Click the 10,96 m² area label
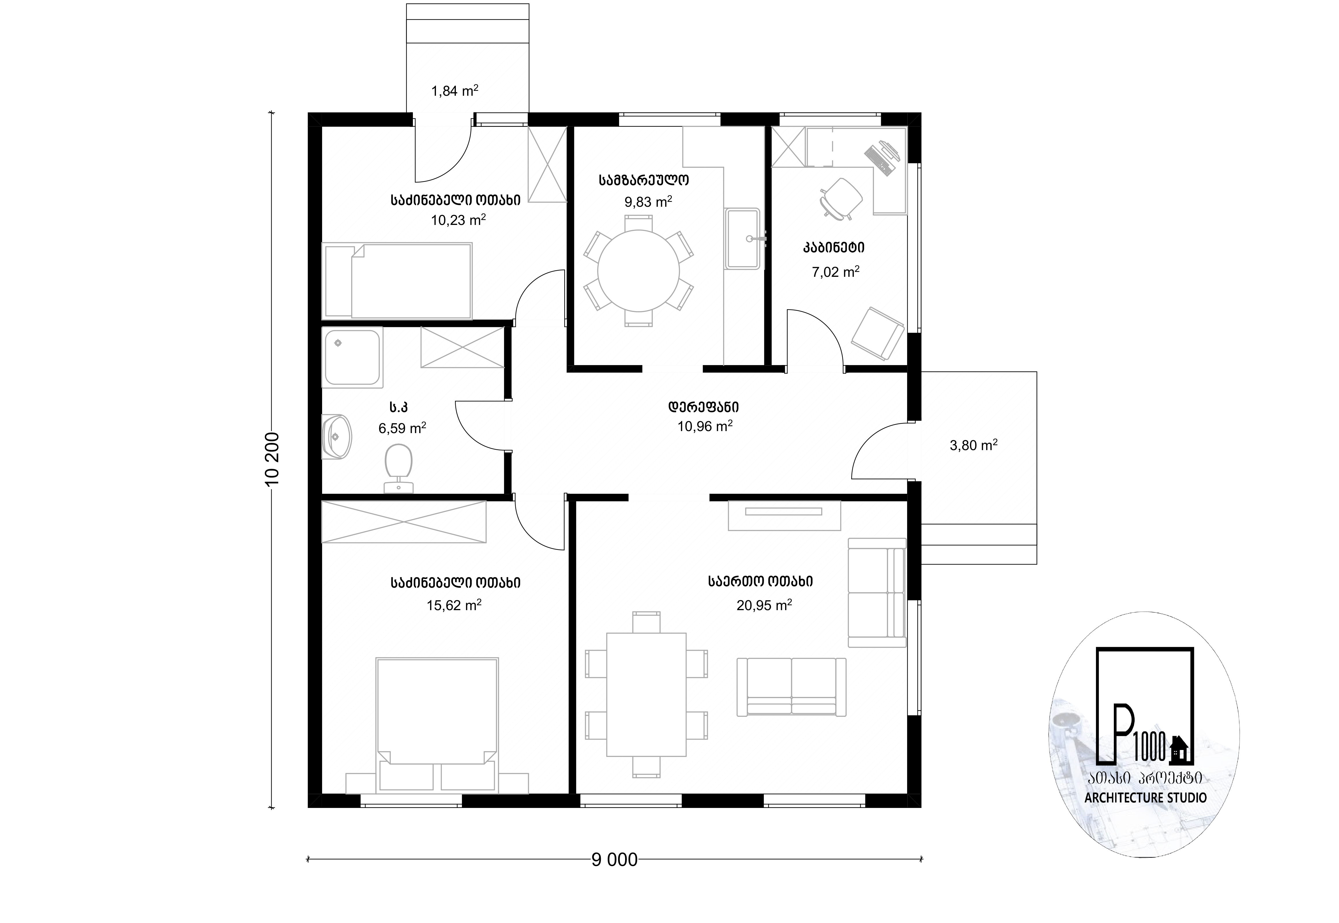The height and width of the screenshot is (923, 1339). tap(705, 427)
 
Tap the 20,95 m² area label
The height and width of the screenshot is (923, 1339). tap(764, 605)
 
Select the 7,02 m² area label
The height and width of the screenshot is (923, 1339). tap(835, 272)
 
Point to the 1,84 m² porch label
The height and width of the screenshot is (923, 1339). tap(454, 91)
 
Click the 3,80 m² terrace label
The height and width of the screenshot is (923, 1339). tap(974, 445)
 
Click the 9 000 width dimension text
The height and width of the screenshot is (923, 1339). tap(615, 876)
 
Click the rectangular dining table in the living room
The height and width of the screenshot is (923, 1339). tap(646, 695)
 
